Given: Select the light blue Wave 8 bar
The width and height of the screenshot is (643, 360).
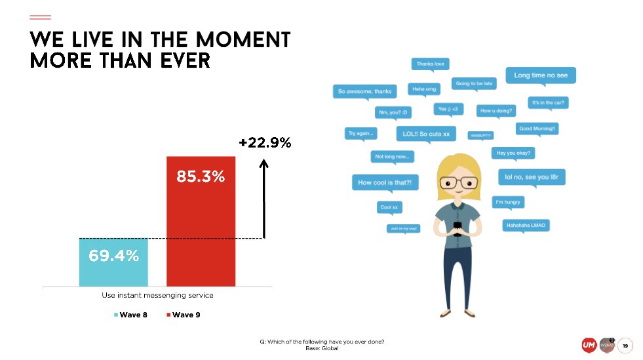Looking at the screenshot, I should pos(113,262).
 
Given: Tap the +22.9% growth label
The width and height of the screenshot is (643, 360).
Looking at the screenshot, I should pos(265,142).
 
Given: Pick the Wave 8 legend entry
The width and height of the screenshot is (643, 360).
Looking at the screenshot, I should pos(130,315).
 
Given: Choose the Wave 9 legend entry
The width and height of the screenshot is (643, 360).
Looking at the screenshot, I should pos(184,315).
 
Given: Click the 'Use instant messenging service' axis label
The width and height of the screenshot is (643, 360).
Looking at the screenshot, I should pos(157,295).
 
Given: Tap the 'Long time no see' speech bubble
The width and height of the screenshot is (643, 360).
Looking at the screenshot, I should pos(540,75).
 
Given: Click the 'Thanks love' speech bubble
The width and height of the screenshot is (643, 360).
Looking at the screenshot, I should pos(430,64).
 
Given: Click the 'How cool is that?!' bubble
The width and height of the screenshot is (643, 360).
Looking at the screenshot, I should pos(385,182).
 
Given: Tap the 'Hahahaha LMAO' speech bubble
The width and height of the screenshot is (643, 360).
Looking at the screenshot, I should pos(525,225).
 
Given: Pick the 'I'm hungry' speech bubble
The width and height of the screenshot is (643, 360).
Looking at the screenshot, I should pos(507,202).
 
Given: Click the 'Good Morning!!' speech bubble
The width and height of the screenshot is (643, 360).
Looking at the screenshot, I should pos(537,129).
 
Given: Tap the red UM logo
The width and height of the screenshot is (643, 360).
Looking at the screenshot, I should pos(589,345).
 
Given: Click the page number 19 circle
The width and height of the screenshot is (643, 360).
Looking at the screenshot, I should pos(625,345).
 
